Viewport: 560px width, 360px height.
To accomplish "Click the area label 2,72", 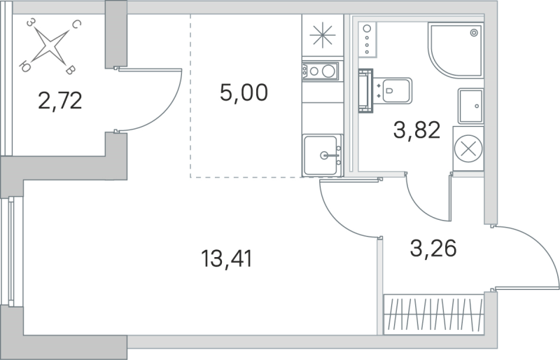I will [61, 102].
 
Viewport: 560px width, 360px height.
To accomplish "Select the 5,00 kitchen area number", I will [244, 92].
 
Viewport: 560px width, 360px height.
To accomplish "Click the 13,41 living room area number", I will [225, 259].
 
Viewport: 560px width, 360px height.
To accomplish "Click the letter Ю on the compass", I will [25, 67].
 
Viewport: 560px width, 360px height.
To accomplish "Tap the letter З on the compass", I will [30, 23].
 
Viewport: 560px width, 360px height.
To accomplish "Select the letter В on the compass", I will [70, 69].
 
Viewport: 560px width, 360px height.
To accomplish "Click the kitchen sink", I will [323, 154].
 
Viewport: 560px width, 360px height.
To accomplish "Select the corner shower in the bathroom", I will [456, 49].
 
